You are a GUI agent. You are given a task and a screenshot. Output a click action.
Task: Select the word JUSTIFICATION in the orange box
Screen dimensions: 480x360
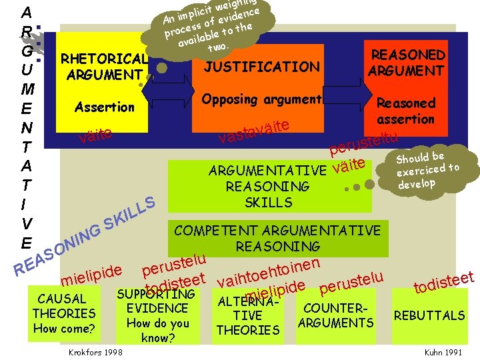(261, 67)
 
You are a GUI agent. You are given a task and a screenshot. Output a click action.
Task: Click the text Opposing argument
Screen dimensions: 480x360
(261, 99)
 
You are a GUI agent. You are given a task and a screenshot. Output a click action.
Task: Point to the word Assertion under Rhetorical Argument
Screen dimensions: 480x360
(105, 107)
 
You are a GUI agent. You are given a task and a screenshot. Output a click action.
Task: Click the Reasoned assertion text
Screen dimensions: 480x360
(405, 111)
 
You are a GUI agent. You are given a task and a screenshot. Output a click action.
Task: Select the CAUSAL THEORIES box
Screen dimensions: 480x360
(64, 313)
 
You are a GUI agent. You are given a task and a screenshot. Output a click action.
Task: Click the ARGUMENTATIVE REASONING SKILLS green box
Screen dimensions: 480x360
(267, 186)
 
